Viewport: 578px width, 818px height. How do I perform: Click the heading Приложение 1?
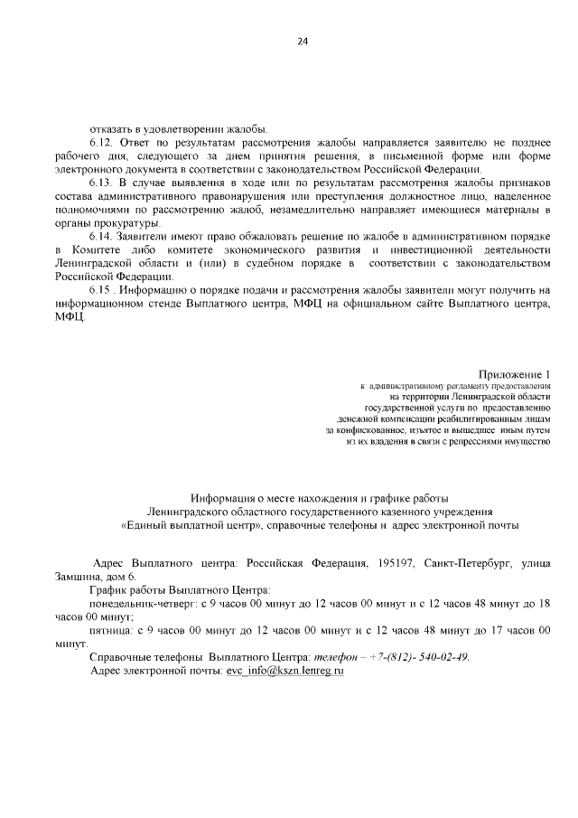[515, 374]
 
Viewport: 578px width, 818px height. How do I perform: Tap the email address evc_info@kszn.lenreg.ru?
[285, 671]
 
